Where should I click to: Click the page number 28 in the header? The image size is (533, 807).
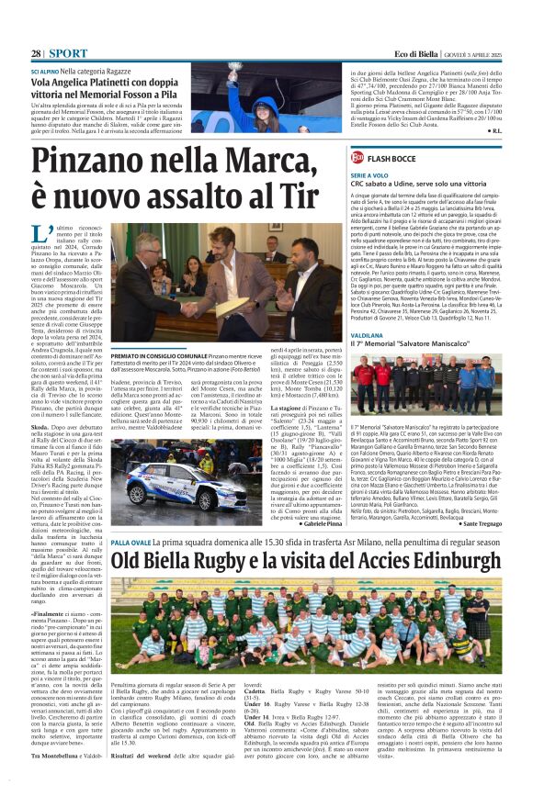click(x=37, y=54)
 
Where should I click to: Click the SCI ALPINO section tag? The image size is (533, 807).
click(x=49, y=71)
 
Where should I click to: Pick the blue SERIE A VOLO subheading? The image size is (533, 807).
click(x=369, y=174)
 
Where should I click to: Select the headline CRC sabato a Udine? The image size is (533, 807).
click(x=430, y=185)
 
